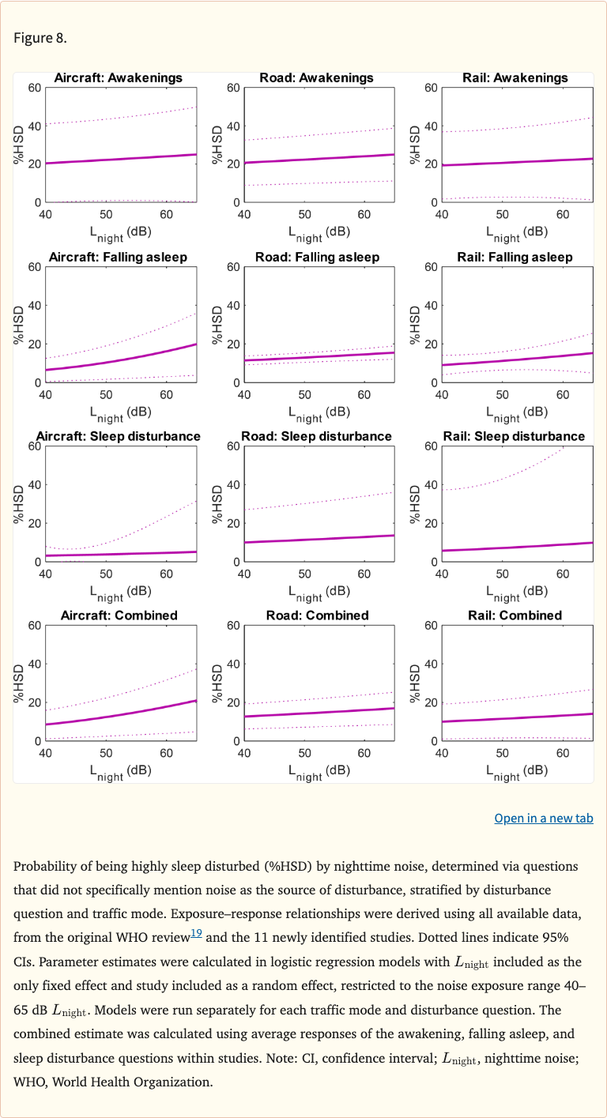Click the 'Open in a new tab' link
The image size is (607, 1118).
point(543,819)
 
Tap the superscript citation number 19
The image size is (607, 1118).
point(196,933)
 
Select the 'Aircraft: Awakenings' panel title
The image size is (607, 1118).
point(118,77)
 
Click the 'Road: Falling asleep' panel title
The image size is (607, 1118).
point(317,257)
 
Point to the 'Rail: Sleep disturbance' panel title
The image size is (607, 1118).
point(515,436)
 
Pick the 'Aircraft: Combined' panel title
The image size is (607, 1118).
point(118,615)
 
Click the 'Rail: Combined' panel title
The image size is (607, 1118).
point(515,615)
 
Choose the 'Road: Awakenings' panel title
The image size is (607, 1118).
point(317,77)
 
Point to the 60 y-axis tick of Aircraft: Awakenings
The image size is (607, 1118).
point(35,87)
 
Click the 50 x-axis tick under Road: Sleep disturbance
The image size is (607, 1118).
point(304,573)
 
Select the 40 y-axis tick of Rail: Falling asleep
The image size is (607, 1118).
point(432,305)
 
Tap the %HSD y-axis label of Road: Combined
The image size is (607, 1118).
point(217,683)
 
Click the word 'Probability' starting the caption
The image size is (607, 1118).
point(43,866)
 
